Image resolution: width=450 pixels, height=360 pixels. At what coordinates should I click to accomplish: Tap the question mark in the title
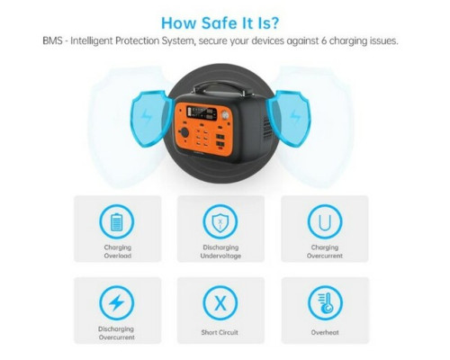[x=274, y=22]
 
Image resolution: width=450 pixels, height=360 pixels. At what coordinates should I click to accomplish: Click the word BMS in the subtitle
[x=52, y=40]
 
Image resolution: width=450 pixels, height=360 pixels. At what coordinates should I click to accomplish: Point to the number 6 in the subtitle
[x=324, y=40]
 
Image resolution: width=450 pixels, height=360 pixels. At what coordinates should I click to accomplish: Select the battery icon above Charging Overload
[x=117, y=222]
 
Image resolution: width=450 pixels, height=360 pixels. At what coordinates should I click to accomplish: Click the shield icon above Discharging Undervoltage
[x=220, y=222]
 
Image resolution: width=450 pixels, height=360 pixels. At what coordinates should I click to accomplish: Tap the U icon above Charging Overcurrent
[x=325, y=222]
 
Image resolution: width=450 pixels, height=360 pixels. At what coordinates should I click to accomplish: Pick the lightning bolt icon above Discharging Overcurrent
[x=117, y=303]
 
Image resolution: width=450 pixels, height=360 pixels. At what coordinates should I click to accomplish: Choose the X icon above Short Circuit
[x=220, y=303]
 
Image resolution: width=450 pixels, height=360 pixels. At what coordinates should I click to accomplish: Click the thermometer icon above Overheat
[x=325, y=303]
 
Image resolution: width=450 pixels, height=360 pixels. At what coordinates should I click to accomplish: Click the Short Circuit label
[x=220, y=332]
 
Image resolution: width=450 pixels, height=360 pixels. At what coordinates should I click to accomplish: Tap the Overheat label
[x=325, y=332]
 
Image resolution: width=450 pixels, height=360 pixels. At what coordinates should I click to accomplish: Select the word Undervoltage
[x=220, y=256]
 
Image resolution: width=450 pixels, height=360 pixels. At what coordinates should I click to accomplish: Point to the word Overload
[x=118, y=256]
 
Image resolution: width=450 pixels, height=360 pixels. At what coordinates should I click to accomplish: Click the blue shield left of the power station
[x=151, y=119]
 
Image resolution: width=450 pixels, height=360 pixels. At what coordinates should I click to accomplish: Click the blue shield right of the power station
[x=289, y=119]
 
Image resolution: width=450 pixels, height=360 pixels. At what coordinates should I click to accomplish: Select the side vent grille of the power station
[x=266, y=128]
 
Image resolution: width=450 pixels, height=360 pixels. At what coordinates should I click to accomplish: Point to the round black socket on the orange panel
[x=184, y=132]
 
